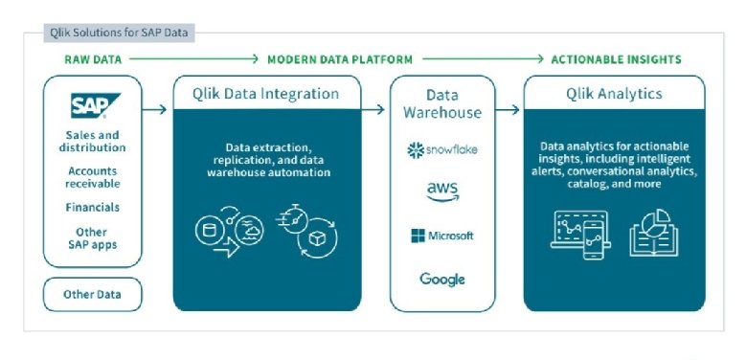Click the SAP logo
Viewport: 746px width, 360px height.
click(x=92, y=105)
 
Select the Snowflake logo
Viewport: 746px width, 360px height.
click(x=442, y=150)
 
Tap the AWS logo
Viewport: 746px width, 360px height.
click(x=442, y=192)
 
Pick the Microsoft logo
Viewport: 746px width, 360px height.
click(x=442, y=236)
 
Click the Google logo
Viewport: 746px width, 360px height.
click(x=442, y=280)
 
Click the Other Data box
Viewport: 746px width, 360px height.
click(x=92, y=294)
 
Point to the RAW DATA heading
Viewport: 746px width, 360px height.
click(x=92, y=59)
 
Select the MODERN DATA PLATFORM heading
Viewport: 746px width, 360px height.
click(x=340, y=59)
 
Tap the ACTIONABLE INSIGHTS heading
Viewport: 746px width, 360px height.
click(x=616, y=59)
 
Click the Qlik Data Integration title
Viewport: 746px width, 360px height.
click(x=268, y=94)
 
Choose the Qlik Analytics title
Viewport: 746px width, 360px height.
click(x=614, y=94)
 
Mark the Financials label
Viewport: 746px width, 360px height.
click(x=93, y=207)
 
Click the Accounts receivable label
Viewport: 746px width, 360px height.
click(x=93, y=177)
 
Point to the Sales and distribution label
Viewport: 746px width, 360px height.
click(x=93, y=142)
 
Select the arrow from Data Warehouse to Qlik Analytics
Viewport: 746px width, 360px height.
click(x=509, y=110)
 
